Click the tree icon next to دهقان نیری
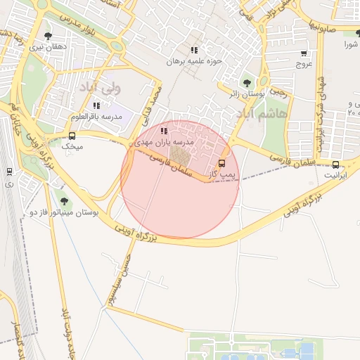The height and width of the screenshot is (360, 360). [48, 34]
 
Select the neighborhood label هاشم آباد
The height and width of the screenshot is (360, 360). [262, 113]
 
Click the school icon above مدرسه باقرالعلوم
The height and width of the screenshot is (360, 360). [96, 105]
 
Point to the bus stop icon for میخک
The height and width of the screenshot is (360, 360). [72, 136]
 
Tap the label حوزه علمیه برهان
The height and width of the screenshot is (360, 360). [193, 61]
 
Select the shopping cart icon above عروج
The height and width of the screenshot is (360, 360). [304, 53]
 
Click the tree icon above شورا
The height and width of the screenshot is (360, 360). [351, 34]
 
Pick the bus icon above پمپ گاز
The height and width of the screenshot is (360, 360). [223, 163]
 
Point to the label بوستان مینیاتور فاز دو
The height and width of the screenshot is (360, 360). [64, 211]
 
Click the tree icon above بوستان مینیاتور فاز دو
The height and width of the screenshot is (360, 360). [64, 201]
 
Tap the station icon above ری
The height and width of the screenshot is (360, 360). [9, 171]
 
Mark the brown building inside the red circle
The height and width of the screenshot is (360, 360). [181, 154]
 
